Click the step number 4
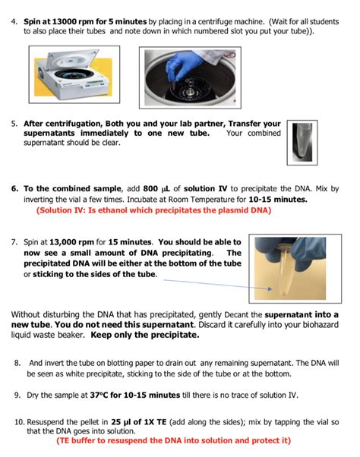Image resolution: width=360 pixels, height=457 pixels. pyautogui.click(x=14, y=22)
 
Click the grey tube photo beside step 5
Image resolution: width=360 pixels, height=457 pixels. pyautogui.click(x=302, y=143)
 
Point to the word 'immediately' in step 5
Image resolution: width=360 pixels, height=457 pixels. pyautogui.click(x=104, y=134)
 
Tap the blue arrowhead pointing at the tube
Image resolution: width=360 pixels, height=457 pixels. pyautogui.click(x=270, y=288)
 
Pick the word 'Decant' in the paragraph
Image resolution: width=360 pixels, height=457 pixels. pyautogui.click(x=236, y=315)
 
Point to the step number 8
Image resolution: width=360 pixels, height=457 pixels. pyautogui.click(x=17, y=363)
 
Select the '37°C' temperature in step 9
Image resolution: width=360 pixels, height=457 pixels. pyautogui.click(x=99, y=396)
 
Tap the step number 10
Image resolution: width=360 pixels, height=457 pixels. pyautogui.click(x=20, y=422)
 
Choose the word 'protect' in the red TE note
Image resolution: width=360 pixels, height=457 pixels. pyautogui.click(x=266, y=440)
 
